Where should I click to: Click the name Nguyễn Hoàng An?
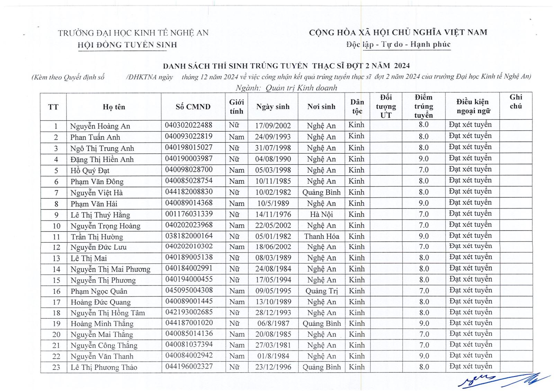(x=100, y=126)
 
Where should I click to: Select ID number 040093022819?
(x=189, y=137)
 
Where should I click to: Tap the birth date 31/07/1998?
(x=273, y=148)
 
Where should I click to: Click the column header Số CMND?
(x=193, y=107)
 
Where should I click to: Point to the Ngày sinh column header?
(x=273, y=107)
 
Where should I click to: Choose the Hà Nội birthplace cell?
(x=321, y=214)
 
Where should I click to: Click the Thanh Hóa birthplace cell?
(x=321, y=236)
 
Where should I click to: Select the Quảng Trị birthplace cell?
(x=321, y=291)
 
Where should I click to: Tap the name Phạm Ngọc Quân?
(x=99, y=291)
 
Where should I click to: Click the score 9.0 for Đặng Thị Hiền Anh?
(x=423, y=159)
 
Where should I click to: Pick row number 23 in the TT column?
(x=56, y=367)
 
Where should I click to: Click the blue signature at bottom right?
(x=502, y=380)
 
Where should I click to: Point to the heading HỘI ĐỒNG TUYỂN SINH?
(x=127, y=45)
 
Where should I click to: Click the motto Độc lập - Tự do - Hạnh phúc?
(x=398, y=44)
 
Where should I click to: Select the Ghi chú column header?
(x=516, y=102)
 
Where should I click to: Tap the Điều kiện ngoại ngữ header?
(x=472, y=106)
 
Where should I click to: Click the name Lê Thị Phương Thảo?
(x=104, y=367)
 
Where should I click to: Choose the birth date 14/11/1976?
(x=273, y=214)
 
